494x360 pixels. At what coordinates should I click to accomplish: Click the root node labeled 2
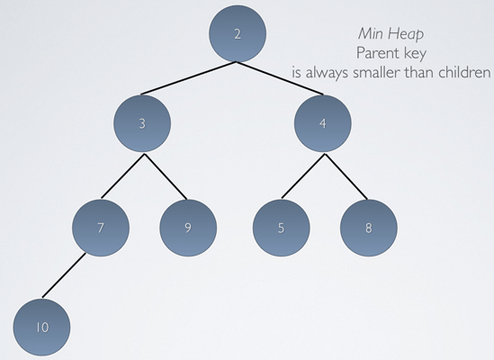[238, 33]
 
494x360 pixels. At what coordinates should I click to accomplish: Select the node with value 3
[142, 123]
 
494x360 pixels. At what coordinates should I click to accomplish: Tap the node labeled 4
[323, 123]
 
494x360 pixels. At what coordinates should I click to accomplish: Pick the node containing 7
[101, 228]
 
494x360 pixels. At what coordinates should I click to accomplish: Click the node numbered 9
[188, 228]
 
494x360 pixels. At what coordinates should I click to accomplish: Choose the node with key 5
[281, 228]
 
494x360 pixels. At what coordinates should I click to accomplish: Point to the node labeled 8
[369, 228]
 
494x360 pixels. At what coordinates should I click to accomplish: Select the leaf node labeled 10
[42, 328]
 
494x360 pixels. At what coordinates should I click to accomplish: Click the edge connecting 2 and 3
[188, 78]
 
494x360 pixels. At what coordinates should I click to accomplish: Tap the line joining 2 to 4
[280, 78]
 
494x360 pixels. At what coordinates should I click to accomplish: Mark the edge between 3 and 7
[123, 175]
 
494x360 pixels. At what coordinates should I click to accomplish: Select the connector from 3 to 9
[166, 176]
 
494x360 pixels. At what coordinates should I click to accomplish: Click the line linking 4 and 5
[303, 175]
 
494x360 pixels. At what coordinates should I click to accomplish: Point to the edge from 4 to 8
[346, 176]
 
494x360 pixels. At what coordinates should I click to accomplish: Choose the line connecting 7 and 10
[64, 275]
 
